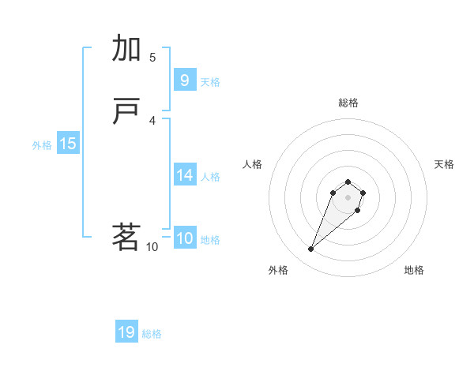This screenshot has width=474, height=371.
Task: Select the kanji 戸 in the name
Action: pyautogui.click(x=126, y=113)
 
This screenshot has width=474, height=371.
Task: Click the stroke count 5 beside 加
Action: pyautogui.click(x=152, y=57)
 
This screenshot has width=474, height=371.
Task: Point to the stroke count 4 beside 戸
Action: pyautogui.click(x=152, y=121)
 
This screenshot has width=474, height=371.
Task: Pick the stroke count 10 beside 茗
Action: pyautogui.click(x=152, y=247)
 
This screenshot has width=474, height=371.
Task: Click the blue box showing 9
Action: pyautogui.click(x=184, y=81)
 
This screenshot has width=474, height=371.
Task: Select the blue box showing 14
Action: pyautogui.click(x=184, y=175)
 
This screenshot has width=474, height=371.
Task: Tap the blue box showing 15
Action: pyautogui.click(x=67, y=144)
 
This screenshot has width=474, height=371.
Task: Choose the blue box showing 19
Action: pyautogui.click(x=126, y=332)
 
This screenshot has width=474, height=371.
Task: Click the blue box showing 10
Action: pyautogui.click(x=184, y=238)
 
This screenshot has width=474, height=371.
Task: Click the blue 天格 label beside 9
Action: pyautogui.click(x=210, y=82)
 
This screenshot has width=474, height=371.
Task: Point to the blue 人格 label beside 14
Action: pyautogui.click(x=210, y=177)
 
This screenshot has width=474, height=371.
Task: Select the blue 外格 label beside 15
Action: pyautogui.click(x=41, y=145)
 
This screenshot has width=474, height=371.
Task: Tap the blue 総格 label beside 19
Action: pyautogui.click(x=152, y=334)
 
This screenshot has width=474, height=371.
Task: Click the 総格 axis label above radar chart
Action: pyautogui.click(x=348, y=103)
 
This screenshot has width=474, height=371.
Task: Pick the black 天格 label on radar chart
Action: pyautogui.click(x=444, y=164)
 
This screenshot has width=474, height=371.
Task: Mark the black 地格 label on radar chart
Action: pyautogui.click(x=414, y=270)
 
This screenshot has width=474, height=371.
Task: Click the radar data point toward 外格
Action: pyautogui.click(x=311, y=249)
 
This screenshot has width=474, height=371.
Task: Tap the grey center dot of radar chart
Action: pyautogui.click(x=348, y=197)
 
